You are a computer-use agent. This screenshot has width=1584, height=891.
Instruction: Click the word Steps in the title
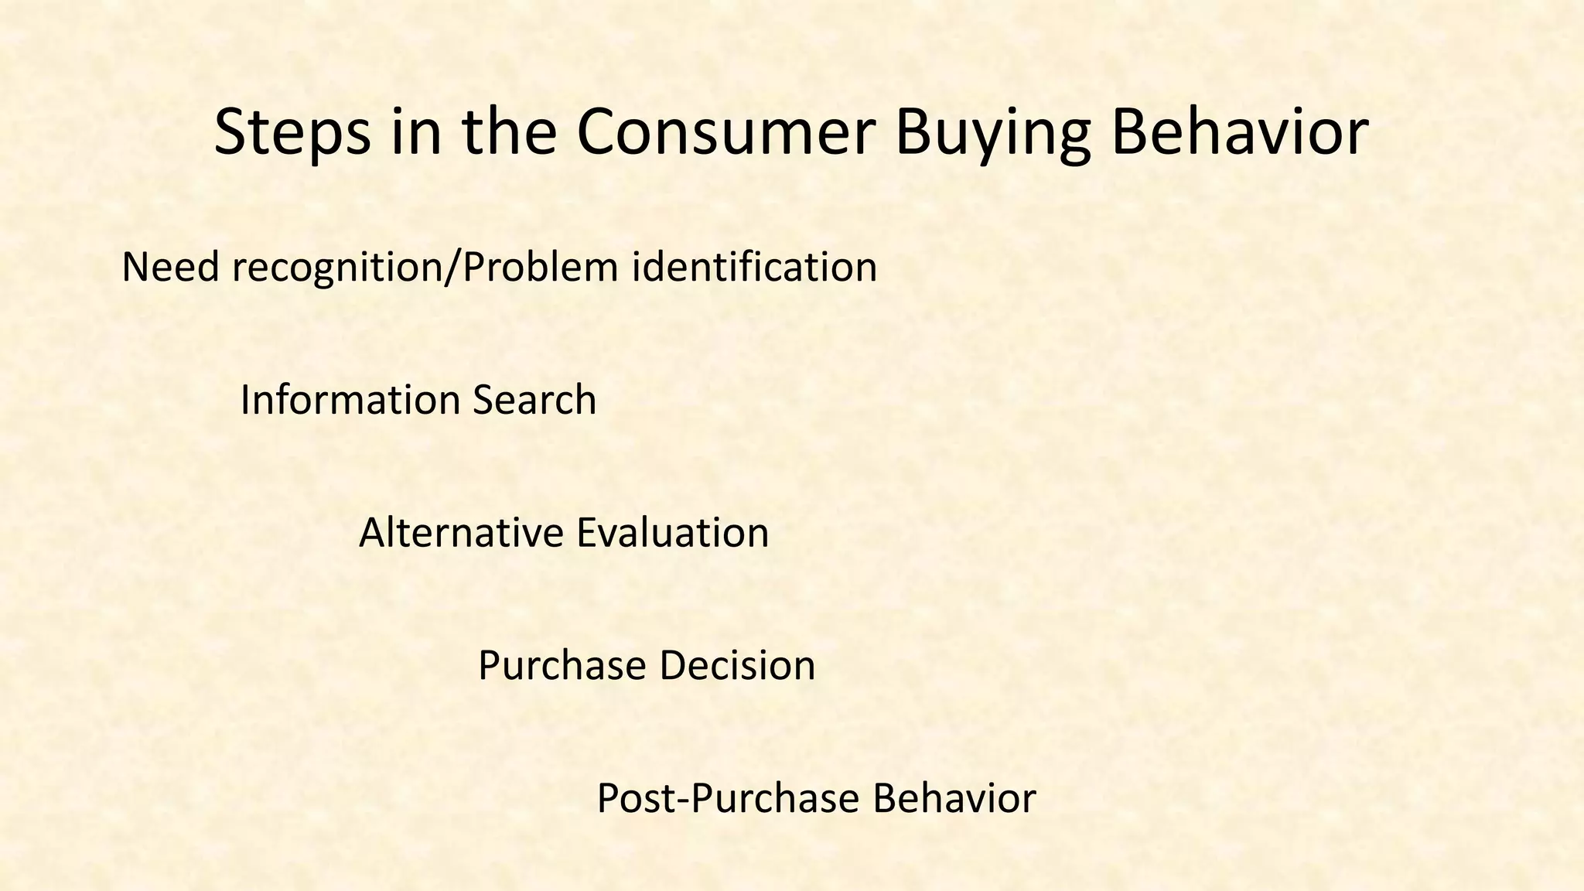[291, 133]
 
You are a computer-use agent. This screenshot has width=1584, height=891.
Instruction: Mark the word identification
[754, 268]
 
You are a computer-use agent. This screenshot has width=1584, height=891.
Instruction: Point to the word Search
[534, 401]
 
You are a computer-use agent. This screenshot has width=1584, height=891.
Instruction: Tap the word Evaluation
[672, 534]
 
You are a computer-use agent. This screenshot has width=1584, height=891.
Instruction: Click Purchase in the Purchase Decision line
[562, 666]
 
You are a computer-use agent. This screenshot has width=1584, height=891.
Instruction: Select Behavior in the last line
[954, 799]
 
